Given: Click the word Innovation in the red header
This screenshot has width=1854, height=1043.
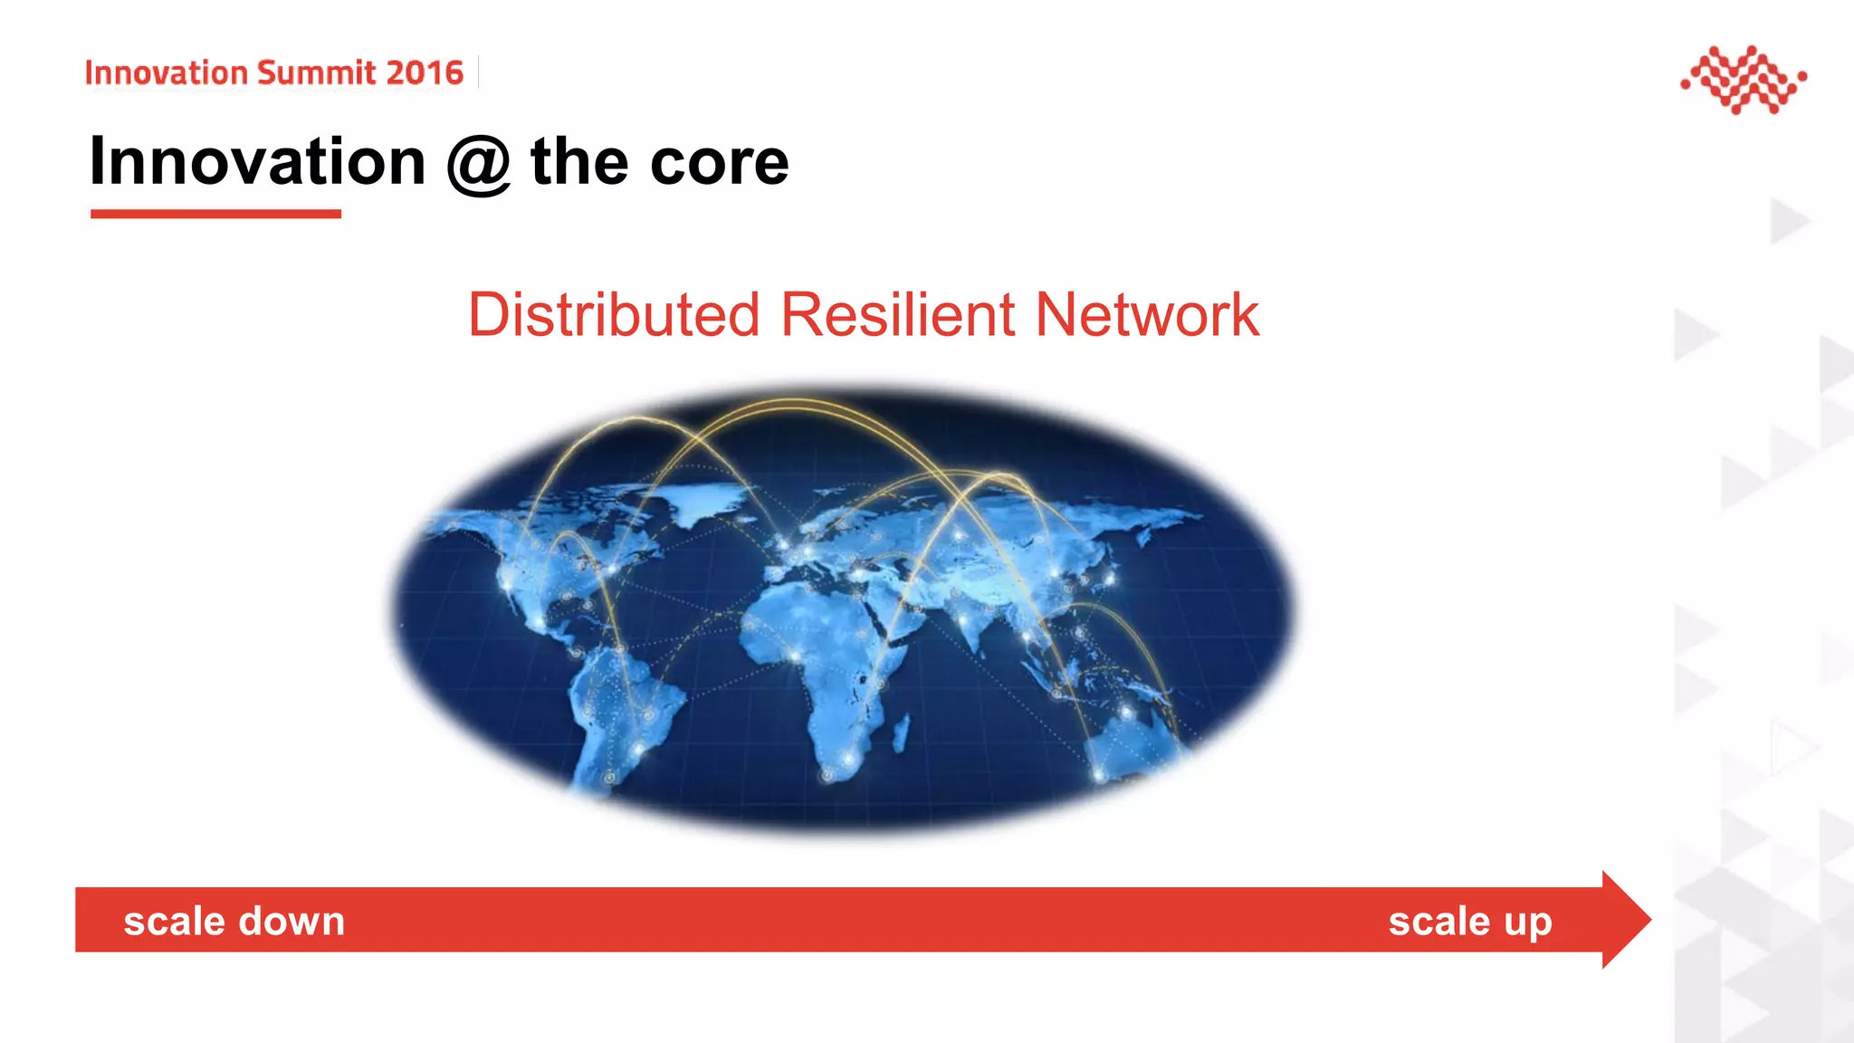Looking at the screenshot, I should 167,72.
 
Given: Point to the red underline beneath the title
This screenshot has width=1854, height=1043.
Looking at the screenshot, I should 215,214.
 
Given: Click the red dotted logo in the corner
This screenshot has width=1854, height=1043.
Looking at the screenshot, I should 1744,80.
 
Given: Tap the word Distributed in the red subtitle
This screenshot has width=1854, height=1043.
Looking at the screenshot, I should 613,315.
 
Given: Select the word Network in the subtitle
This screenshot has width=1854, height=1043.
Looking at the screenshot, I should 1146,315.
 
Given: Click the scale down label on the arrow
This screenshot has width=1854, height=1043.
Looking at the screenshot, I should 234,922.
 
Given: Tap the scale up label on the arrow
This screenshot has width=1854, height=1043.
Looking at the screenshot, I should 1470,922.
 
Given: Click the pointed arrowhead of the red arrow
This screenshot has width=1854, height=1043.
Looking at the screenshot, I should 1626,920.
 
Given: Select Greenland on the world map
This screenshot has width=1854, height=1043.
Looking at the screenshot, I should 711,501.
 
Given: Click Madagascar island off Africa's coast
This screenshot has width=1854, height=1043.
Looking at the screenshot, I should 902,733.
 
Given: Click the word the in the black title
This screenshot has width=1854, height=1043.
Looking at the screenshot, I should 579,163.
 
